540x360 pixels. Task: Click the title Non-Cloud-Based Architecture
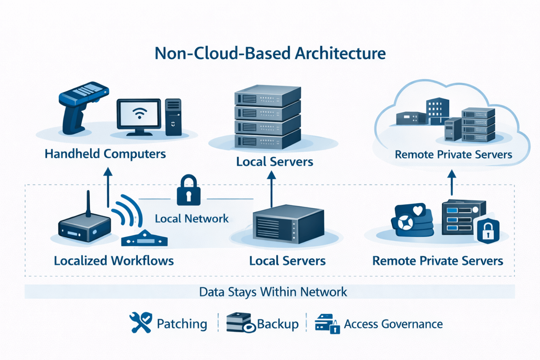270,53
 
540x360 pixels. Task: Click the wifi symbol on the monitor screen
139,113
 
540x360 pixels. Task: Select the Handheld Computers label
105,154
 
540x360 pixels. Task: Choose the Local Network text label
192,219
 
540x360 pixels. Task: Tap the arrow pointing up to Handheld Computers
108,187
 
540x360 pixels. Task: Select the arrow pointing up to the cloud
452,183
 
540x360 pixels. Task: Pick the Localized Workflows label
114,261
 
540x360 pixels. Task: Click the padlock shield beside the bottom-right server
488,231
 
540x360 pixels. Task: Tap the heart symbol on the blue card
418,211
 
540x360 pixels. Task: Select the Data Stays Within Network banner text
273,292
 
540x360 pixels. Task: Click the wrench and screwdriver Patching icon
141,322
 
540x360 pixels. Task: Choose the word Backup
278,324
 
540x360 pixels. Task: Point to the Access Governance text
393,324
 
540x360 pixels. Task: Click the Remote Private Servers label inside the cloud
453,155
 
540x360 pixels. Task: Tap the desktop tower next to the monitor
173,117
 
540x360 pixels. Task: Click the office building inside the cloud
437,110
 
